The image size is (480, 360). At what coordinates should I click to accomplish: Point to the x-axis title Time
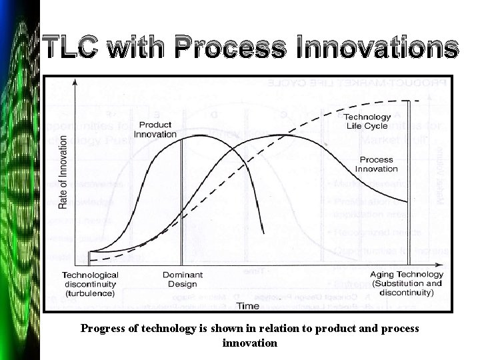(x=248, y=306)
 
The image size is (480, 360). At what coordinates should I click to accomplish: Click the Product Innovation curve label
(x=155, y=129)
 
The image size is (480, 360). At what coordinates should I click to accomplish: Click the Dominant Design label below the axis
(x=182, y=279)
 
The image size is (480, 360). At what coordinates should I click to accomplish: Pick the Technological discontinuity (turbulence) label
(x=91, y=283)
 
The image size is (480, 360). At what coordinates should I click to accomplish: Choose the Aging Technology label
(x=407, y=274)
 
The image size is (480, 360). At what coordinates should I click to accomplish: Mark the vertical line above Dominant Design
(x=182, y=200)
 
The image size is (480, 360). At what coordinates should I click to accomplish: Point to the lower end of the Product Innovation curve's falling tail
(x=263, y=231)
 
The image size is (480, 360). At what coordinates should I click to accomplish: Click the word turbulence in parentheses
(x=91, y=292)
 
